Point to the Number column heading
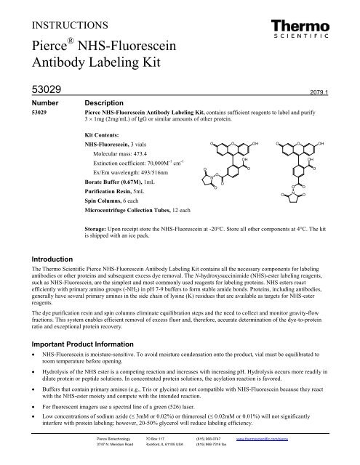(50, 124)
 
